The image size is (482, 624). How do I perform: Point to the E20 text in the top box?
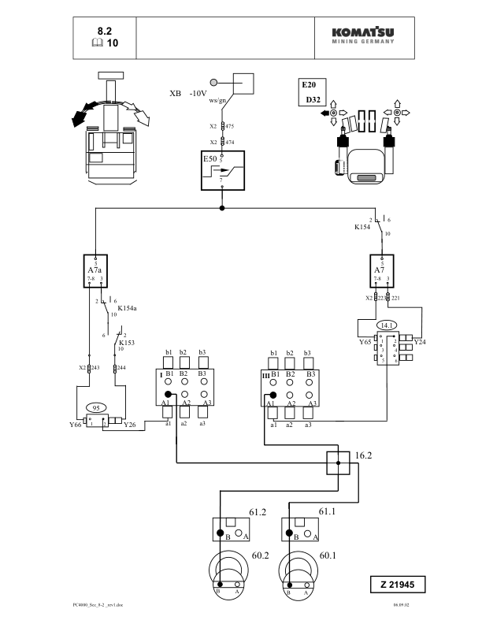(x=309, y=84)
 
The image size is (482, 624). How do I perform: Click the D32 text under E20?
(x=309, y=101)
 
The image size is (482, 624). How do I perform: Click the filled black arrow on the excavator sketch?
(x=77, y=117)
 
